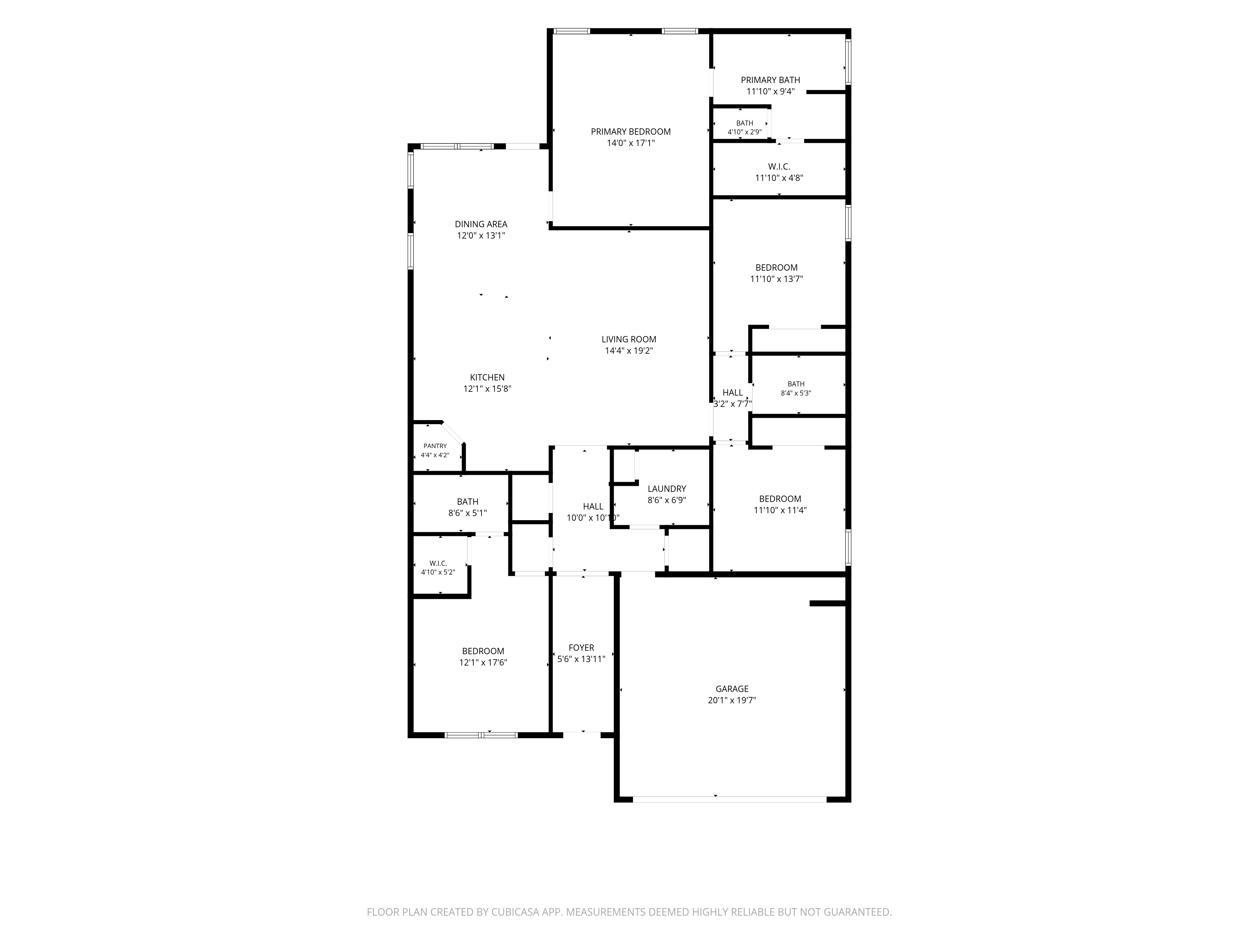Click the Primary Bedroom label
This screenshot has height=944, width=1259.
tap(631, 132)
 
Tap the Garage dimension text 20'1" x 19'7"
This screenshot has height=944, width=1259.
tap(732, 700)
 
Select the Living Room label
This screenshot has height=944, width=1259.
tap(629, 339)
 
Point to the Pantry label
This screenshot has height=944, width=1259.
tap(435, 446)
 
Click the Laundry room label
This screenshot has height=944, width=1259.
tap(667, 489)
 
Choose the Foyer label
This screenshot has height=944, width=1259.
tap(581, 648)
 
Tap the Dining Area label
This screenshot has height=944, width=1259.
tap(481, 224)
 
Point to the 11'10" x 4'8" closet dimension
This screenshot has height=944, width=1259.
tap(779, 178)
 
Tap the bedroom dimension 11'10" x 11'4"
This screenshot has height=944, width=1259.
tap(780, 510)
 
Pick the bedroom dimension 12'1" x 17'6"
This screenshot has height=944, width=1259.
tap(483, 662)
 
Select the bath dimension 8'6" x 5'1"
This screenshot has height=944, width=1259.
tap(467, 513)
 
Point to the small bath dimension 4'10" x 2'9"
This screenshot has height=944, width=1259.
tap(744, 132)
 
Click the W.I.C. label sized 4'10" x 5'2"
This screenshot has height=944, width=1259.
tap(438, 563)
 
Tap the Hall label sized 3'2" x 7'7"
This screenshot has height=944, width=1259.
tap(732, 393)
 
